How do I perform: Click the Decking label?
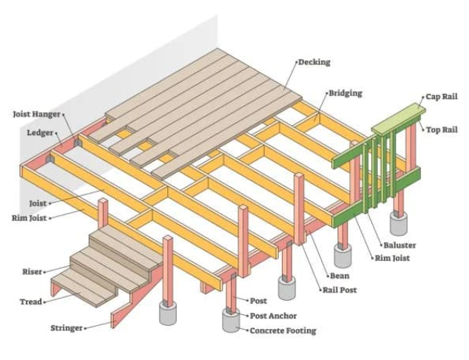(314, 63)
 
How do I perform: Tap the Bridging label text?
(345, 94)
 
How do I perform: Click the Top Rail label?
(442, 130)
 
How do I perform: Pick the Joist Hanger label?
(36, 115)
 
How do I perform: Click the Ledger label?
(40, 134)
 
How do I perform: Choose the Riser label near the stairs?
(32, 272)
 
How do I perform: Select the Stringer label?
(67, 327)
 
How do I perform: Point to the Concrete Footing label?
(283, 330)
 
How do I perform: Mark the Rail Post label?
(340, 291)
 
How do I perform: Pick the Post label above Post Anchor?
(258, 302)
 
